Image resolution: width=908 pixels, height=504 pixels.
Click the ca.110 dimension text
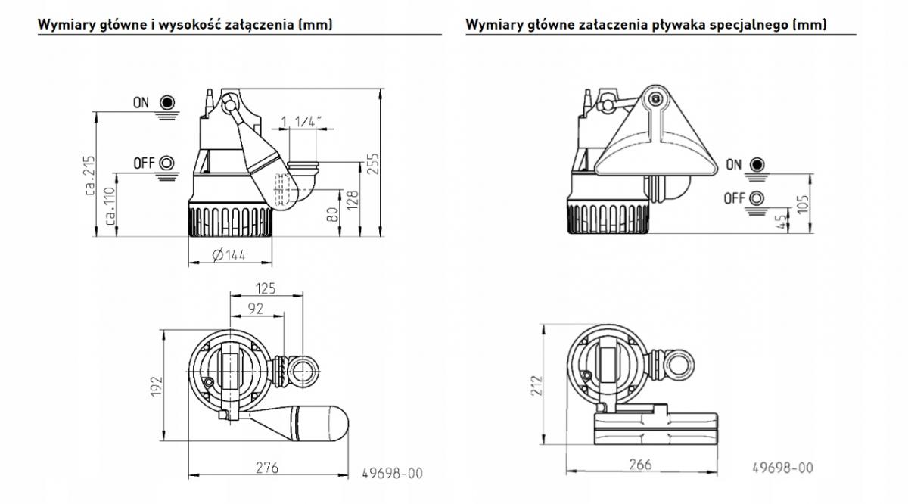tap(110, 206)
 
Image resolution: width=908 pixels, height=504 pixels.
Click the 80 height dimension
tap(331, 214)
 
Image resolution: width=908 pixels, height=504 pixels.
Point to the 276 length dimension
tap(265, 468)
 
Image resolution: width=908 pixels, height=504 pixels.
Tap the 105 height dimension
tap(803, 203)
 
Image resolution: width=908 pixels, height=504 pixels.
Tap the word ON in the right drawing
tap(733, 165)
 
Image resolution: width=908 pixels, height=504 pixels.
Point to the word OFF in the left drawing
tap(144, 163)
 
